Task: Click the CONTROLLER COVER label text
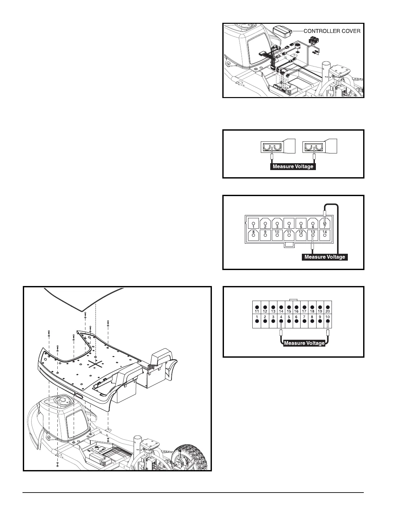coord(332,31)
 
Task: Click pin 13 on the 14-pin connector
coord(313,235)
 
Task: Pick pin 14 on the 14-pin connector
coord(325,235)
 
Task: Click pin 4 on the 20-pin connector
coord(281,321)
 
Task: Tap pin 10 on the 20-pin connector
coord(328,321)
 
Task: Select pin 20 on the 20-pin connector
coord(328,307)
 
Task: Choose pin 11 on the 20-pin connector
coord(257,307)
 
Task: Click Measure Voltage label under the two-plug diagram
coord(293,166)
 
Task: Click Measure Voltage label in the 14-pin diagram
coord(324,257)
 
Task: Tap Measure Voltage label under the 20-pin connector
coord(304,343)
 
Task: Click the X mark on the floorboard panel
coord(95,364)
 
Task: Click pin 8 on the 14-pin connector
coord(253,235)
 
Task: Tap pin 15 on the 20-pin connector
coord(289,307)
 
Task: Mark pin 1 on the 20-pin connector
coord(257,321)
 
